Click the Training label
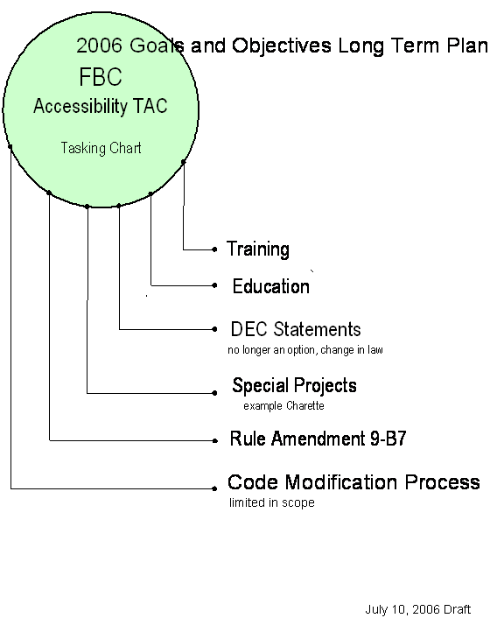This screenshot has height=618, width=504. (258, 249)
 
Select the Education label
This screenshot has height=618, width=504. (271, 286)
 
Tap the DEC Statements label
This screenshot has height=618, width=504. (296, 329)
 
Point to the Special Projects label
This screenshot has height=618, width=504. (294, 386)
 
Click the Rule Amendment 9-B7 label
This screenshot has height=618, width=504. (318, 439)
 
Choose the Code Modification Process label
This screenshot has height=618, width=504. (353, 482)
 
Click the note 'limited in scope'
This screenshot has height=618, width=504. (272, 502)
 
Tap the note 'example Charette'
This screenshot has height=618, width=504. (283, 405)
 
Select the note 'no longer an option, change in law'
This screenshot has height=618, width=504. (305, 350)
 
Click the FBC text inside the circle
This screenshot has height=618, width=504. (101, 76)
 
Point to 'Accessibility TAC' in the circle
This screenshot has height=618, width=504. (101, 106)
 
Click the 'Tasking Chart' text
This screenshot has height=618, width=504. (101, 148)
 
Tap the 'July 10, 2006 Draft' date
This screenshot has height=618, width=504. (418, 609)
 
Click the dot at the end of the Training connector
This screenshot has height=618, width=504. (214, 249)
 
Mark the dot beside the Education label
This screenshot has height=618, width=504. (214, 285)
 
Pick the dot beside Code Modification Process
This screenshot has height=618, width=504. (214, 488)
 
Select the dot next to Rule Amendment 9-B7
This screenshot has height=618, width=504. (214, 440)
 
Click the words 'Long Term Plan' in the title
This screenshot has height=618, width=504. (413, 46)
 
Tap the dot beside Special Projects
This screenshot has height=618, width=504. (214, 393)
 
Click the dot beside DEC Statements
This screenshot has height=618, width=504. (214, 329)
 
